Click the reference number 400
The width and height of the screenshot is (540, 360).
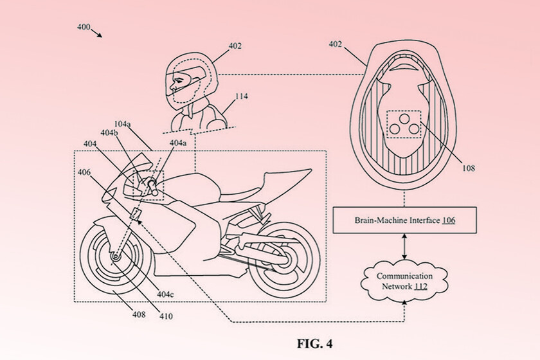click(x=82, y=28)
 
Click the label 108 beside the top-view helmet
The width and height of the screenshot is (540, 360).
click(x=468, y=168)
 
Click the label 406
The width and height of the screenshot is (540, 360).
click(x=84, y=172)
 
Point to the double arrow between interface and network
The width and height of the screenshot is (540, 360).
click(x=404, y=246)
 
